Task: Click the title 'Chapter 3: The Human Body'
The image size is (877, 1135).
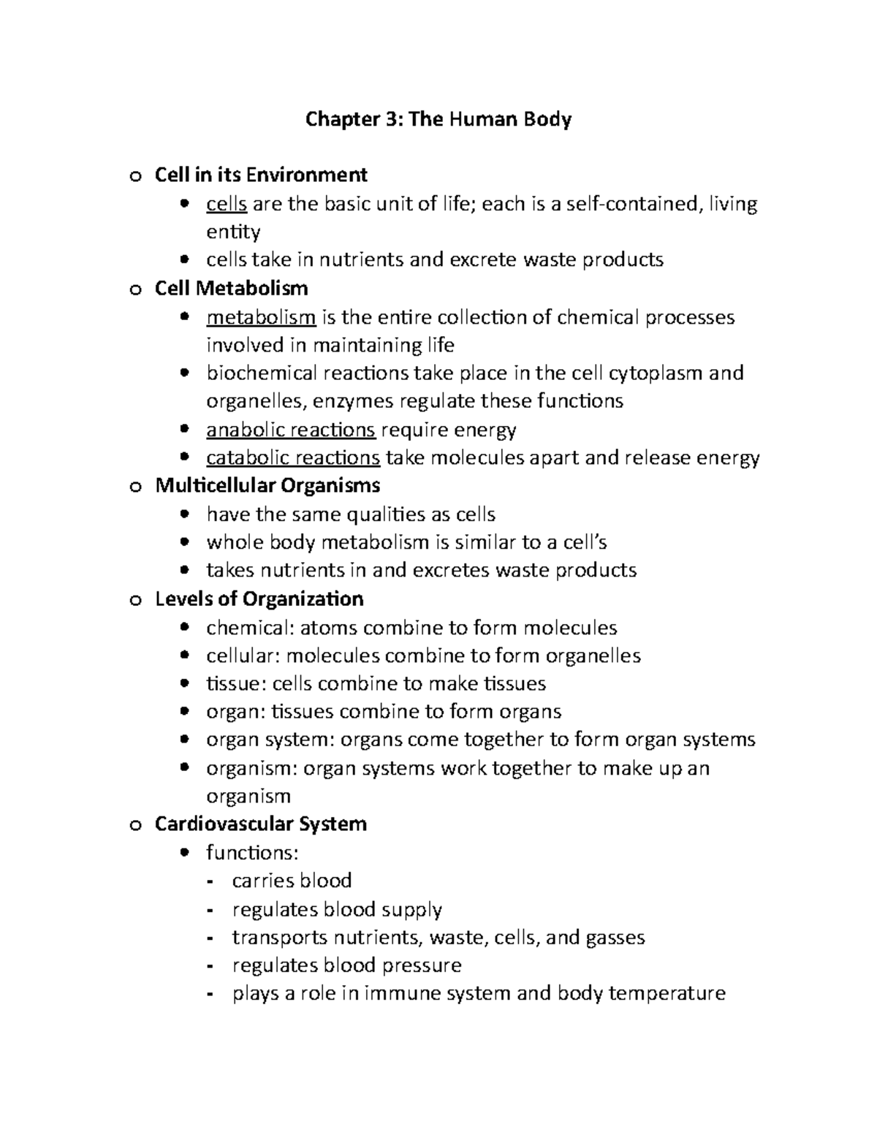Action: [438, 119]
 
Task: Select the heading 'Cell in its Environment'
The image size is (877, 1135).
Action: [261, 175]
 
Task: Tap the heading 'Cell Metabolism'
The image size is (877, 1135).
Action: [231, 289]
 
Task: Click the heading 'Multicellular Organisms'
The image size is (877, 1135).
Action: [267, 486]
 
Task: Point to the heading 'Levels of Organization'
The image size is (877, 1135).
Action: [259, 599]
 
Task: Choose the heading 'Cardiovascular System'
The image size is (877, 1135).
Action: [260, 824]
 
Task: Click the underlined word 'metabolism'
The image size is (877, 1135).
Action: [261, 318]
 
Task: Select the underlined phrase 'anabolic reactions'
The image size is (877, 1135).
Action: [291, 430]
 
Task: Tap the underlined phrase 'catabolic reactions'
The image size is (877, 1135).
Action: [293, 458]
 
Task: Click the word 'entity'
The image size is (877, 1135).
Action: [233, 232]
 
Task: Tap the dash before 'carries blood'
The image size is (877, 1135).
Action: [211, 882]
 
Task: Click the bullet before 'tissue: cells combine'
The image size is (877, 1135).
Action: [186, 684]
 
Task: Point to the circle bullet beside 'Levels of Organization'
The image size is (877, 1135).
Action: [134, 601]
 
